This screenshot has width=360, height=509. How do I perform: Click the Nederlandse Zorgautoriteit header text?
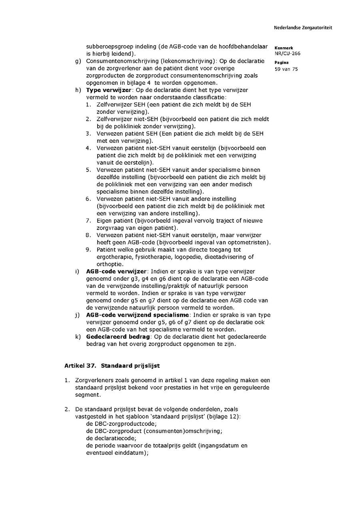pyautogui.click(x=303, y=28)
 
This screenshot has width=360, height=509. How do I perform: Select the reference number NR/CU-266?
pyautogui.click(x=287, y=53)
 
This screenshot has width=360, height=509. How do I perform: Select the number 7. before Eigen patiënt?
pyautogui.click(x=89, y=221)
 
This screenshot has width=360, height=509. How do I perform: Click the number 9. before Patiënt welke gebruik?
pyautogui.click(x=89, y=250)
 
